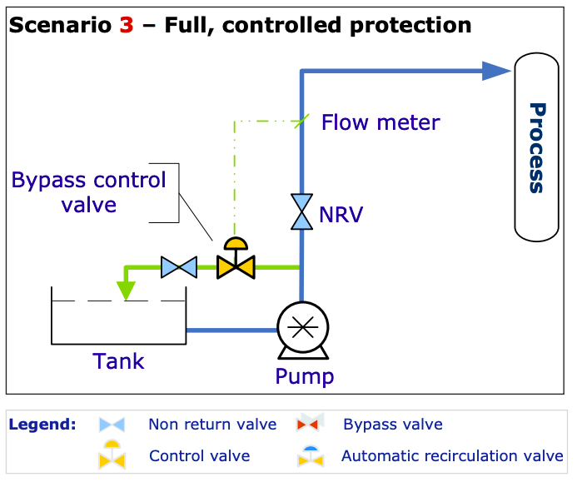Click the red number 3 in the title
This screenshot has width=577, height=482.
click(x=126, y=25)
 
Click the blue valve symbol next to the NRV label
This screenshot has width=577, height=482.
click(x=301, y=211)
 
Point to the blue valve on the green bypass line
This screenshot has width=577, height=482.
click(x=178, y=267)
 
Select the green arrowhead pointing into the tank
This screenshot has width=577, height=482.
click(x=125, y=290)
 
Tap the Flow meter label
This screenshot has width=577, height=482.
click(x=381, y=122)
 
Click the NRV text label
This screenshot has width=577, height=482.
click(x=341, y=216)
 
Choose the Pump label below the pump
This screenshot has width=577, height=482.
click(x=305, y=376)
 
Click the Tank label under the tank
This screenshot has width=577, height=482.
click(x=118, y=361)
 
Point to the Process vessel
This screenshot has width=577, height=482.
click(x=537, y=147)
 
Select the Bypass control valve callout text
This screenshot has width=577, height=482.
click(x=88, y=191)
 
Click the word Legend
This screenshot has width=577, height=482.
click(x=42, y=425)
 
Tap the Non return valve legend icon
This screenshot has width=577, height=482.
click(x=112, y=425)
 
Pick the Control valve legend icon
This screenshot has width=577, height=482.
click(x=112, y=455)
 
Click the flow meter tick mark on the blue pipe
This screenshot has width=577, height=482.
click(x=301, y=122)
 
